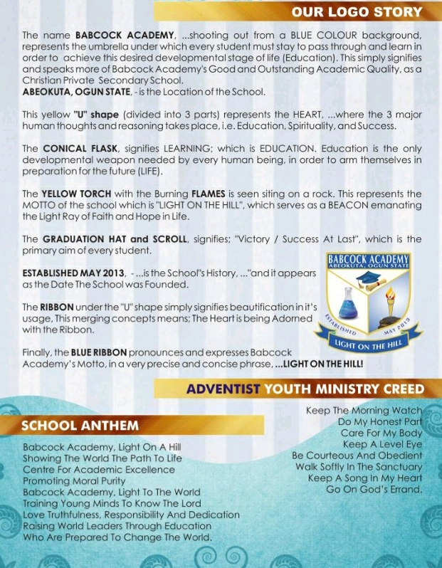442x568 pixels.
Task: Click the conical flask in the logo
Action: tap(348, 304)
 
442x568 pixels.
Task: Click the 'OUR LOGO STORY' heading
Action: tap(357, 12)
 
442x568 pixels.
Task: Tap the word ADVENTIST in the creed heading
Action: tap(223, 389)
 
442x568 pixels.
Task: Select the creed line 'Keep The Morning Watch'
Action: tap(364, 410)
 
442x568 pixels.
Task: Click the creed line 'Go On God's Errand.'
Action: tap(374, 489)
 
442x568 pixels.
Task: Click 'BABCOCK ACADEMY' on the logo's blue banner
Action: tap(368, 259)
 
